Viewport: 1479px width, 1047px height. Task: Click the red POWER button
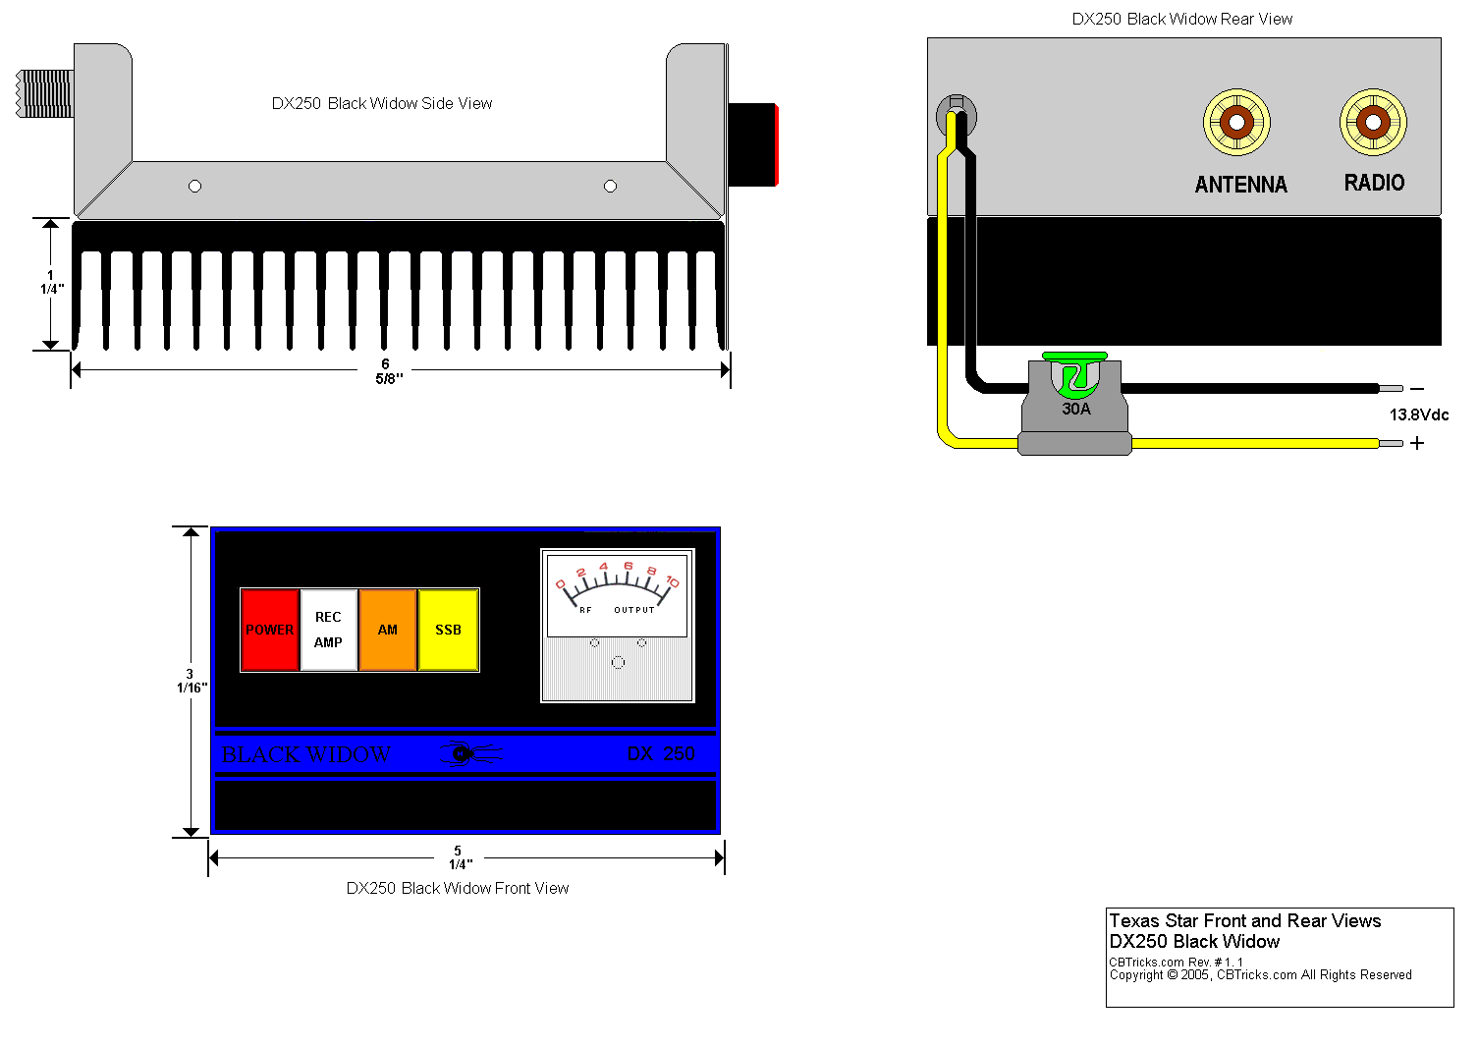point(270,630)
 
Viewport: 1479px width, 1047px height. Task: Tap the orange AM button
point(388,630)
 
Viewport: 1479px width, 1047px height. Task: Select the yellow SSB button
point(449,630)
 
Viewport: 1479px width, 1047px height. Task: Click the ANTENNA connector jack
point(1237,123)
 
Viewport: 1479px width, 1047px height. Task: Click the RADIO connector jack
point(1373,123)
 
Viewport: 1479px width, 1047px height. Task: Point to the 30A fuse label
point(1076,409)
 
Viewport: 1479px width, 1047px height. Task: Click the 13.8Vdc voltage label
point(1418,414)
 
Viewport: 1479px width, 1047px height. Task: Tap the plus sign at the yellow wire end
point(1417,443)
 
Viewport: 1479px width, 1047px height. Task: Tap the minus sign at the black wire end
point(1417,390)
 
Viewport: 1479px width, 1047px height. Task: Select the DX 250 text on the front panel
point(661,753)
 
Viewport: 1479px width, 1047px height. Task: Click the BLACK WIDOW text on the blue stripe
point(305,754)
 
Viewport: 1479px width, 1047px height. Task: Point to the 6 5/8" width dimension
point(387,371)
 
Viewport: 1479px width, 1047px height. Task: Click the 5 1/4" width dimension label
point(459,857)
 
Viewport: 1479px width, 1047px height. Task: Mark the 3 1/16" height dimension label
point(191,681)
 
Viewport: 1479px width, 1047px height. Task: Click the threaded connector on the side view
point(45,93)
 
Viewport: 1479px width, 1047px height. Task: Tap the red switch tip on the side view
point(776,144)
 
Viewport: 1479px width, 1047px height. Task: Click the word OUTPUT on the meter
point(634,610)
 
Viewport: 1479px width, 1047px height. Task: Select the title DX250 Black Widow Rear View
point(1182,19)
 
